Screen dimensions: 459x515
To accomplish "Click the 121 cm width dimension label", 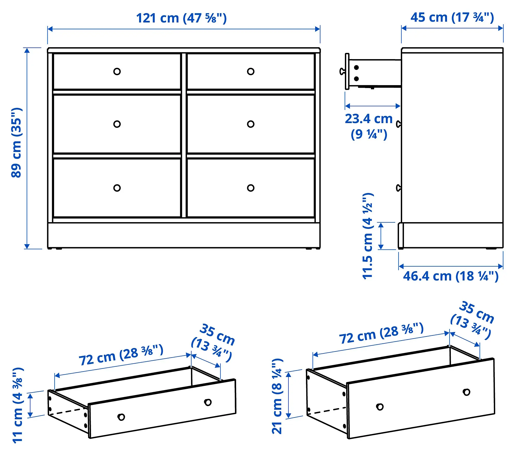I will (181, 18).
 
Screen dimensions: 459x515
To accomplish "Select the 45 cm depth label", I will (452, 18).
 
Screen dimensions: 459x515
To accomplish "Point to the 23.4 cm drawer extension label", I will (369, 126).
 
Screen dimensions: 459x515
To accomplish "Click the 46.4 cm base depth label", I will (451, 276).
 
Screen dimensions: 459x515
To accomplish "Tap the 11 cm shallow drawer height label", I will (18, 405).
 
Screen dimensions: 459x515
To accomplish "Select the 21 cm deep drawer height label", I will (277, 396).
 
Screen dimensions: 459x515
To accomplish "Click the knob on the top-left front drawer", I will (117, 71).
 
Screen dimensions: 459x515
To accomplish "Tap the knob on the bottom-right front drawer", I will (251, 188).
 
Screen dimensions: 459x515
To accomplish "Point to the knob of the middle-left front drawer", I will (117, 124).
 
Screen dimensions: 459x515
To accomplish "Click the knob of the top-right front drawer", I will (251, 71).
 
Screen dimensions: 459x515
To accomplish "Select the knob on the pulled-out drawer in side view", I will (342, 71).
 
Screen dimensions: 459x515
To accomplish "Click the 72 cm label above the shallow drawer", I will (121, 355).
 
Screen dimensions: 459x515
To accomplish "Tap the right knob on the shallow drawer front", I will (208, 402).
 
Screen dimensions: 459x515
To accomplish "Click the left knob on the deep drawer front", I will (380, 407).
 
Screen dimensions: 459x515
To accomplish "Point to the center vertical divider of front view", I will (184, 135).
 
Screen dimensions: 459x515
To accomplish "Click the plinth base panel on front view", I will (184, 235).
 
